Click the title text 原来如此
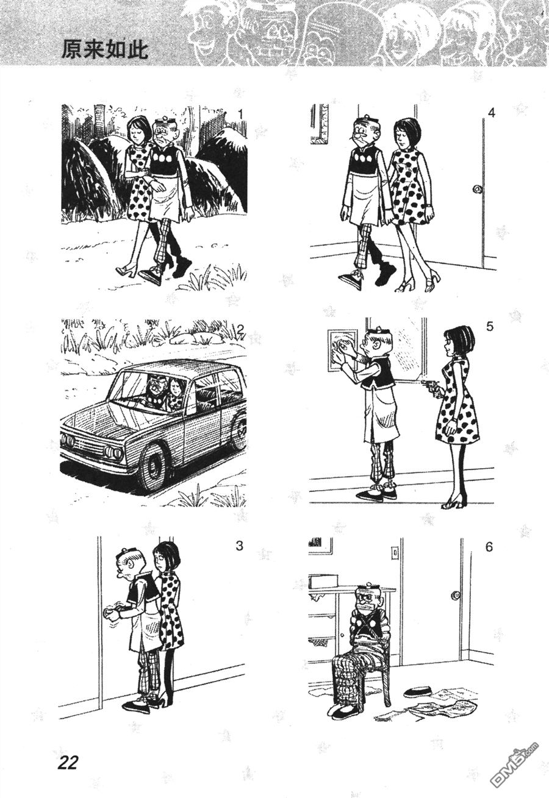[x=105, y=49]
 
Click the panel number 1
[x=240, y=115]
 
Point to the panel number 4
[x=491, y=113]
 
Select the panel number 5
[x=490, y=326]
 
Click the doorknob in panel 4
[x=476, y=189]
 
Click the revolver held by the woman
[x=430, y=387]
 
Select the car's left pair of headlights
[x=68, y=439]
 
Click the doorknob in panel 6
[x=456, y=595]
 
